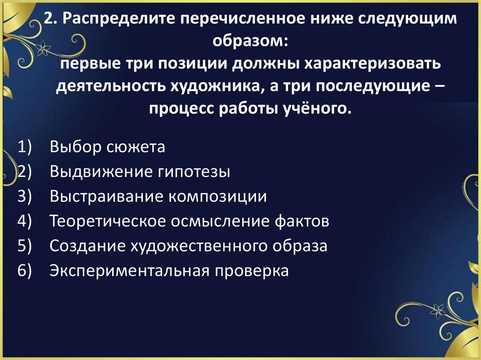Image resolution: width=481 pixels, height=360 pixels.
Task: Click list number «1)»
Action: click(24, 147)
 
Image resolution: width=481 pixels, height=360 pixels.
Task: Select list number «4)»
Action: click(24, 221)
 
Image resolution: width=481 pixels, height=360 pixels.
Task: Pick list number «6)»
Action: click(24, 271)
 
